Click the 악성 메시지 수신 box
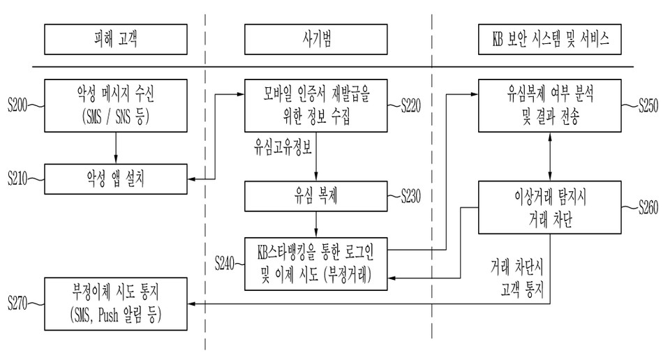pos(116,105)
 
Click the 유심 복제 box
pos(317,195)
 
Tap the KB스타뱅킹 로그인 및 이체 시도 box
pos(317,263)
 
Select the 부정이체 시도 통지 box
pos(116,304)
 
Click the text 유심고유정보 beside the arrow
pos(281,149)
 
